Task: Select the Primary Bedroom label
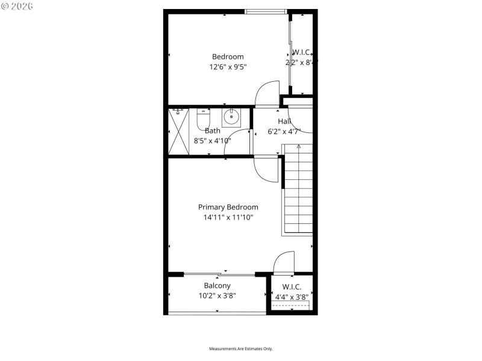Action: point(228,207)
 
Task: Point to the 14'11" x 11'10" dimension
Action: point(228,217)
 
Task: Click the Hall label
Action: point(284,121)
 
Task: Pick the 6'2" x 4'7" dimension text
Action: point(284,131)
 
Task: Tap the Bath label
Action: point(213,131)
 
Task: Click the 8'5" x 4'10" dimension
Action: point(212,141)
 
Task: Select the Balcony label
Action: point(217,286)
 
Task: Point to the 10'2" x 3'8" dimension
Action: point(217,295)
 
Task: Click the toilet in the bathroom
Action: point(202,120)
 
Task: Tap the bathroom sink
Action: point(231,117)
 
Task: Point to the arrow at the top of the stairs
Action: point(298,146)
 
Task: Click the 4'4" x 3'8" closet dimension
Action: point(292,297)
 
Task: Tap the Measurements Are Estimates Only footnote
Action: point(241,349)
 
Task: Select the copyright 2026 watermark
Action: point(17,5)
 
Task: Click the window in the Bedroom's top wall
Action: point(266,11)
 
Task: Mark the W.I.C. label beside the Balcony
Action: point(292,287)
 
